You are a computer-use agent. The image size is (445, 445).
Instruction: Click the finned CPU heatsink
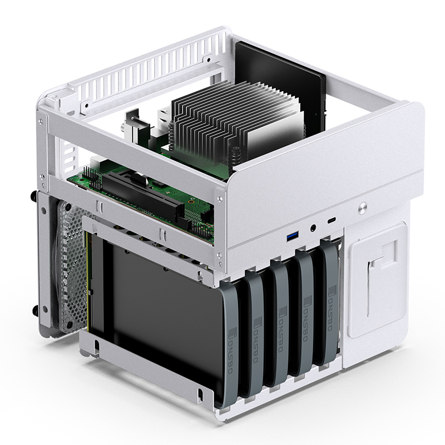point(222,122)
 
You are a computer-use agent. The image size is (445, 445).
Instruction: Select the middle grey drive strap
point(281,328)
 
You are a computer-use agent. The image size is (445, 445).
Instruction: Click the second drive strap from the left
point(258,334)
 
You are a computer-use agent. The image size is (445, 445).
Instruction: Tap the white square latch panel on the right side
point(379,278)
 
